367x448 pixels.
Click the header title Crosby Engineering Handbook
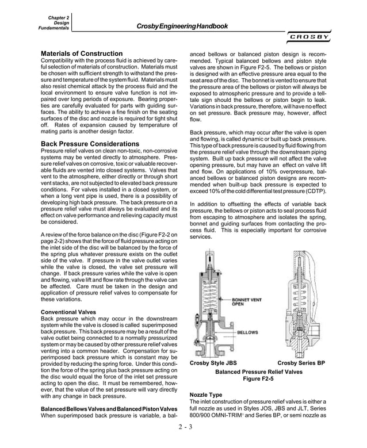pos(182,26)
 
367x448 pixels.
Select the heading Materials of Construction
pos(82,53)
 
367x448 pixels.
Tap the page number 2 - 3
pos(184,426)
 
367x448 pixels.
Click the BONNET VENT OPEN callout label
pos(245,302)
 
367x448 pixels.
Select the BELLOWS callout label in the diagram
pos(247,332)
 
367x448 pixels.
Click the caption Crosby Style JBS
pos(212,363)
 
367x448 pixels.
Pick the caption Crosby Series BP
pos(301,363)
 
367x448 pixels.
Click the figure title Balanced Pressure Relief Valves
pos(258,372)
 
